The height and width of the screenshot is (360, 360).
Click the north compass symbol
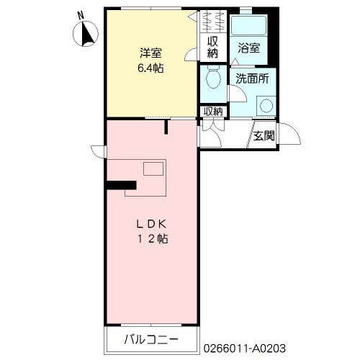pos(86,34)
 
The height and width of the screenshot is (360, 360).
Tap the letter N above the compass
pos(81,16)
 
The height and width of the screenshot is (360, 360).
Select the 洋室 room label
pos(150,53)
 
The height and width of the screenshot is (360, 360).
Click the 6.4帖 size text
pos(150,68)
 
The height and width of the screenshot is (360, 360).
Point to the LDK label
pos(151,224)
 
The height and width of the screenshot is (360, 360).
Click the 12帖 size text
pos(153,239)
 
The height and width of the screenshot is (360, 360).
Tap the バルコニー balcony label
pos(151,339)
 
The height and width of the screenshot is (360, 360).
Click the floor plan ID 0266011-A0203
pos(245,348)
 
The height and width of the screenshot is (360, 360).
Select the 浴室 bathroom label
pos(249,48)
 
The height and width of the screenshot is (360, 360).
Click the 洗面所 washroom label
pos(252,78)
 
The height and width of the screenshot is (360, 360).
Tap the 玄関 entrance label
pos(264,136)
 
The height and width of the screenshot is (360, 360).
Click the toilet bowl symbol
pos(214,76)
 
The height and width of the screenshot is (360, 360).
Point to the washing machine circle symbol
pos(266,106)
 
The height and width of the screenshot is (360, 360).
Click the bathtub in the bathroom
pos(248,26)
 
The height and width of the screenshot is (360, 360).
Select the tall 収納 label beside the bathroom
pos(212,48)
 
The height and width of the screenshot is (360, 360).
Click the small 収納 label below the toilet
pos(213,112)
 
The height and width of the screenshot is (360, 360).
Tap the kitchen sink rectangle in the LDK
pos(153,168)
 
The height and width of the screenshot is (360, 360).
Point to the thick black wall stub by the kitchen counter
pos(122,185)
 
